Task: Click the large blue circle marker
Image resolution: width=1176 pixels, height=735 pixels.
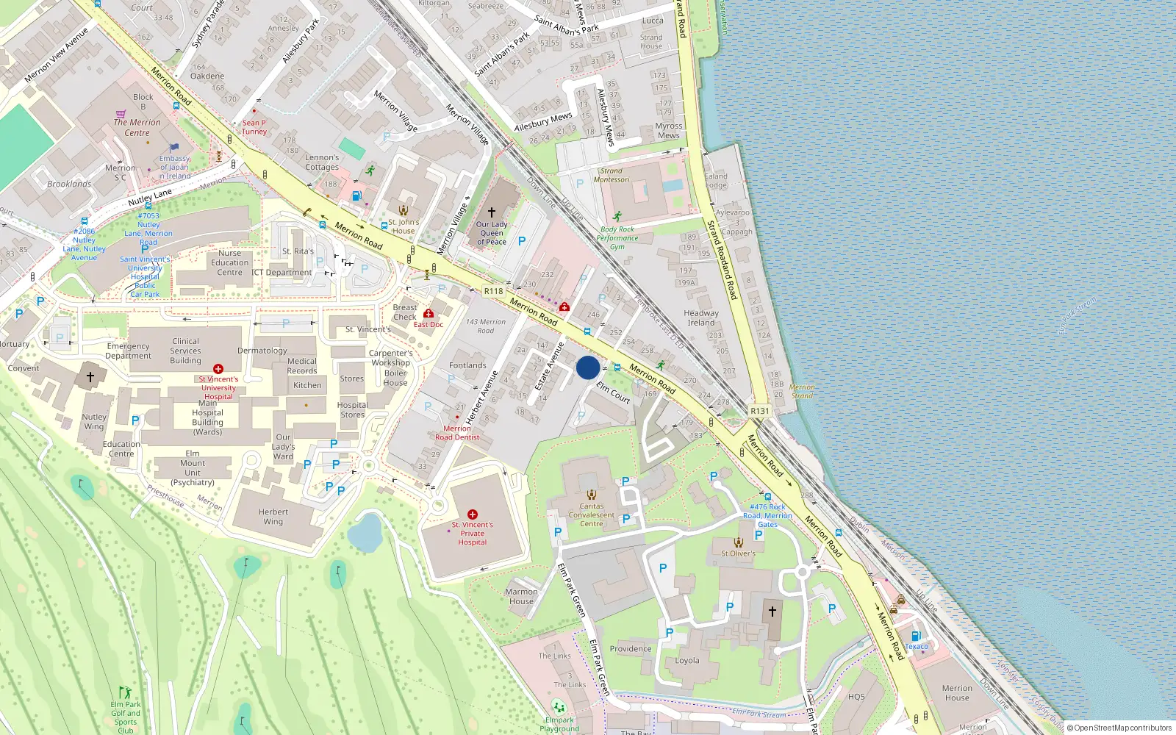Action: click(x=588, y=367)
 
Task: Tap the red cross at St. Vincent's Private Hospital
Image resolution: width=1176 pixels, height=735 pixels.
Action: click(x=473, y=514)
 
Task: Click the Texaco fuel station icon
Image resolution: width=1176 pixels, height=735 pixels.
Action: click(x=916, y=637)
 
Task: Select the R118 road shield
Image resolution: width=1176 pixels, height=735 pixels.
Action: click(x=493, y=291)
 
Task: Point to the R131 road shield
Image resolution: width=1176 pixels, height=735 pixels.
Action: click(x=759, y=411)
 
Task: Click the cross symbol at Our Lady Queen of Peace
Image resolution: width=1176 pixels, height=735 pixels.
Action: click(x=492, y=212)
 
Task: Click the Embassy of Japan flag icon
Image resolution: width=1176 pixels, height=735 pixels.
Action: click(x=174, y=148)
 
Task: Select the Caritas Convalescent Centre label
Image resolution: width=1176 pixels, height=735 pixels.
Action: click(x=592, y=514)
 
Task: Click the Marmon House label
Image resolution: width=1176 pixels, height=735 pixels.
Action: click(x=521, y=596)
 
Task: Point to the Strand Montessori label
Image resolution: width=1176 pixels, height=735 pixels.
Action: click(x=612, y=175)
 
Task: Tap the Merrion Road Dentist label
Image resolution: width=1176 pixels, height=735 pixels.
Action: click(x=457, y=433)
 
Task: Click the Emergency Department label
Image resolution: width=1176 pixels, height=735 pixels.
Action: click(x=128, y=351)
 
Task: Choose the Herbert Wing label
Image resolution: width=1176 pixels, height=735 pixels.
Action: click(x=273, y=517)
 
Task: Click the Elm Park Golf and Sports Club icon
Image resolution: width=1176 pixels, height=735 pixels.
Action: click(x=126, y=692)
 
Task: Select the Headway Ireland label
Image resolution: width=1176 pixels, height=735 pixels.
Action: click(x=701, y=318)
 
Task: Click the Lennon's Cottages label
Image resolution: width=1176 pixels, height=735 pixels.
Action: click(x=322, y=162)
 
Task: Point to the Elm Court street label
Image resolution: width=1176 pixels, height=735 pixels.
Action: click(x=613, y=392)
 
